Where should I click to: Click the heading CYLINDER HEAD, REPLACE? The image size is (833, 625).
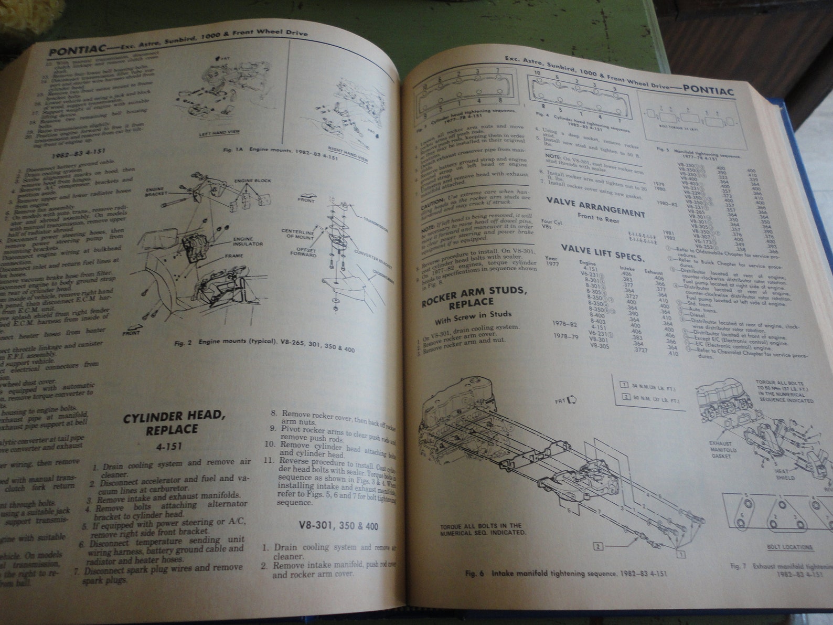pyautogui.click(x=175, y=423)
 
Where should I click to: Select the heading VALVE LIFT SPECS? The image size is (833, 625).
pyautogui.click(x=603, y=252)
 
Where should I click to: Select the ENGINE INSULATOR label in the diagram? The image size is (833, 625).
pyautogui.click(x=247, y=241)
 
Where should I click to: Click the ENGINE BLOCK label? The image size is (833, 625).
pyautogui.click(x=253, y=181)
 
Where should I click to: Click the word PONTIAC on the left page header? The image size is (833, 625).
pyautogui.click(x=77, y=51)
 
